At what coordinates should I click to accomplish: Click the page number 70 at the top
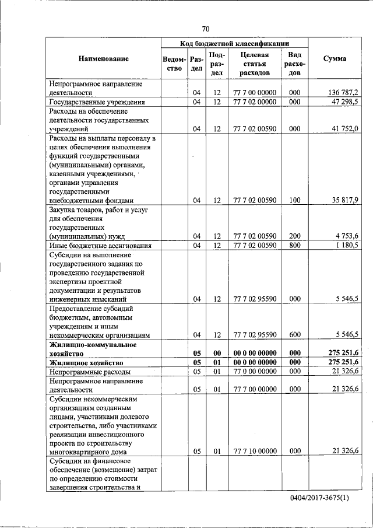(x=206, y=29)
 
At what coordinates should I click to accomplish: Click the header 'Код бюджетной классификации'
(x=234, y=43)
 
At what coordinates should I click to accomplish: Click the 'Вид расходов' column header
(x=294, y=64)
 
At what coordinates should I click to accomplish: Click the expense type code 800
(x=294, y=245)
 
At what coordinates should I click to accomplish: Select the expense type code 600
(x=294, y=335)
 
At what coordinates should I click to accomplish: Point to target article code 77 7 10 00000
(x=254, y=450)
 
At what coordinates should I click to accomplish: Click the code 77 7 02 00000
(x=254, y=102)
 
